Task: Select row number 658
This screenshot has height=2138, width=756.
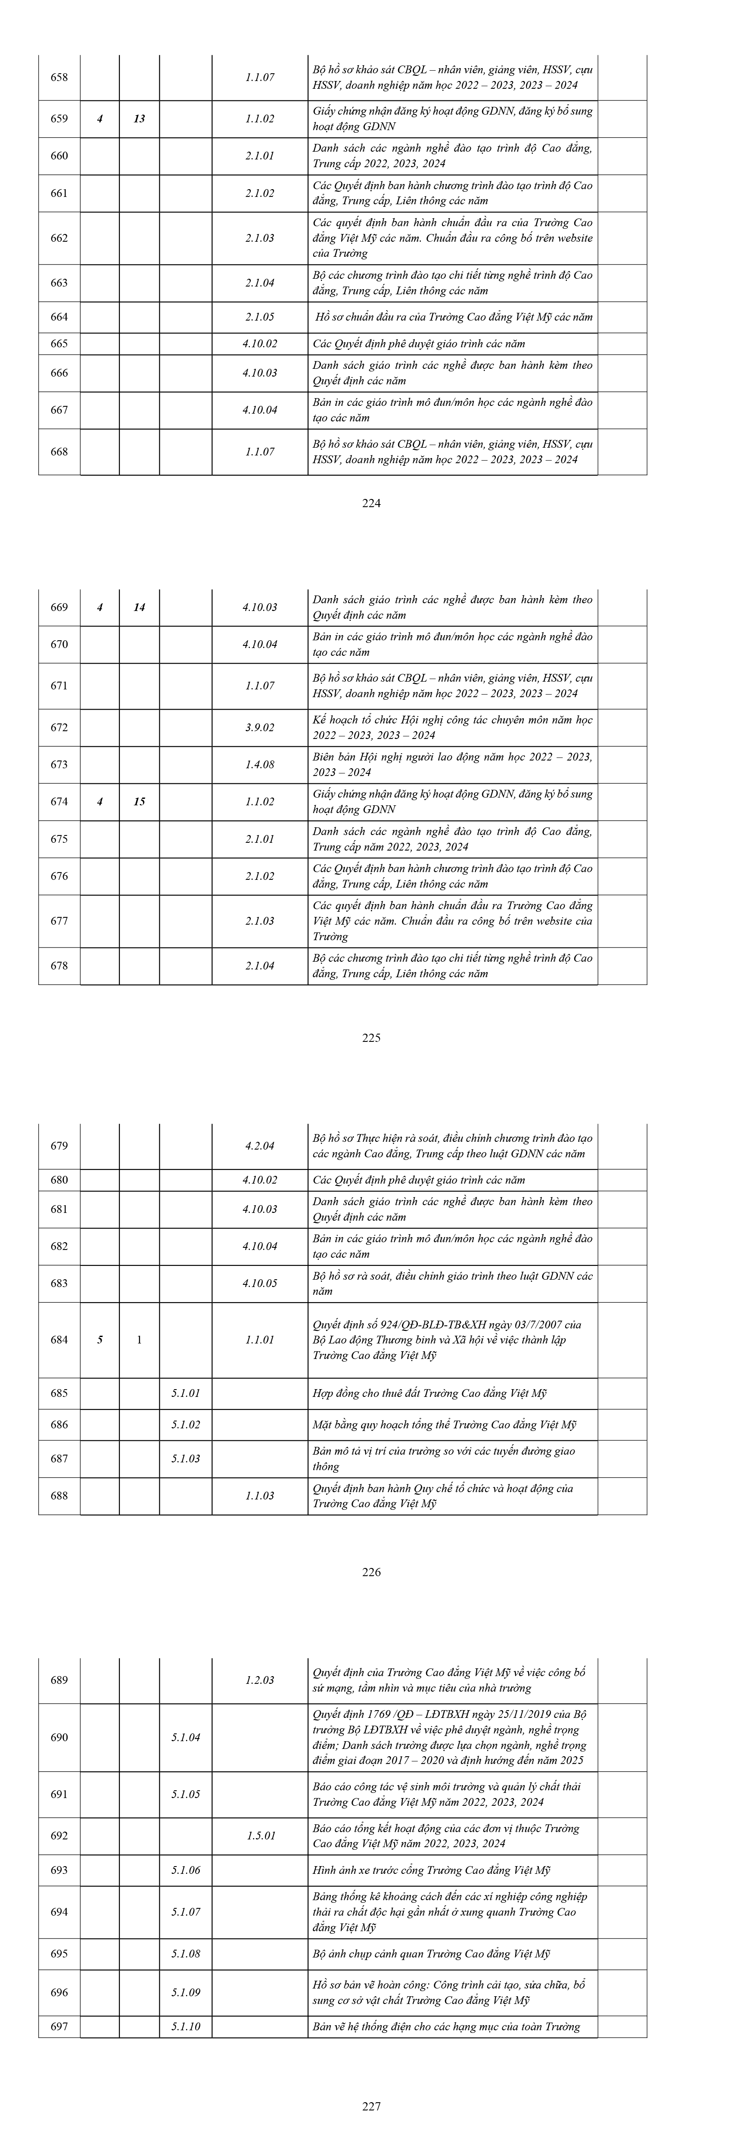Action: click(x=59, y=77)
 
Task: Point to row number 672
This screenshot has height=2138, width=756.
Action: click(x=59, y=727)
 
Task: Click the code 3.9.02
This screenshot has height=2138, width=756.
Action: click(x=260, y=727)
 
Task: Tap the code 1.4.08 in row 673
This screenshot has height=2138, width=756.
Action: click(x=260, y=764)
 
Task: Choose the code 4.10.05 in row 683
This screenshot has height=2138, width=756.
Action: click(x=260, y=1283)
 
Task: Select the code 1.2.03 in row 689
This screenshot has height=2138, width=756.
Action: click(x=260, y=1680)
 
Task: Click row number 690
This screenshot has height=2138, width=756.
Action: click(x=59, y=1737)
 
